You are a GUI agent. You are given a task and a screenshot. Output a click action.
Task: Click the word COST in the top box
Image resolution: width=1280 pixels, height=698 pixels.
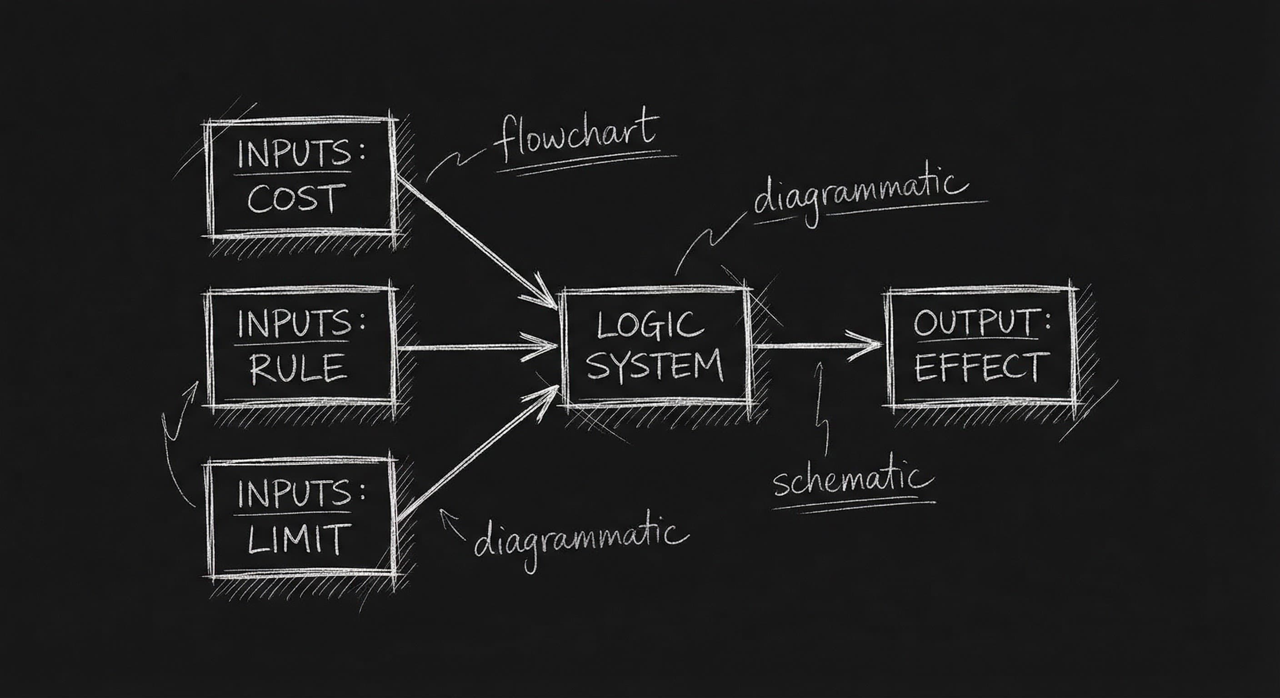tap(295, 199)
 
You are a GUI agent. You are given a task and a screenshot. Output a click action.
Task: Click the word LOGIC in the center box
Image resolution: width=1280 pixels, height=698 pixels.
tap(650, 325)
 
